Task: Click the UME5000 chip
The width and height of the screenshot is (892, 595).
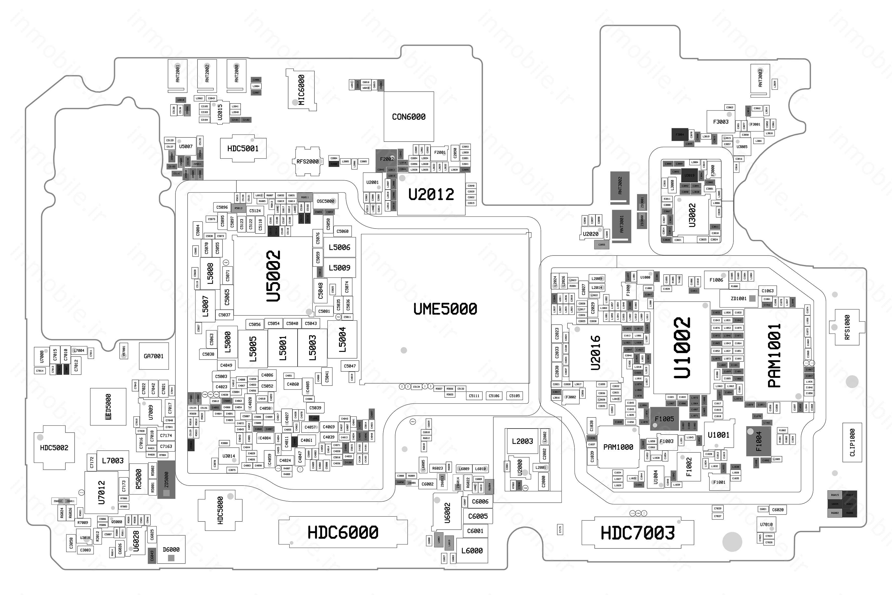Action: [x=445, y=309]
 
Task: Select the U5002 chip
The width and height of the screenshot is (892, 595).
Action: [x=273, y=276]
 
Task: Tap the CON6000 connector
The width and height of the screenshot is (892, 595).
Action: [x=409, y=116]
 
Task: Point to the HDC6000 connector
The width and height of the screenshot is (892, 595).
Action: [x=343, y=532]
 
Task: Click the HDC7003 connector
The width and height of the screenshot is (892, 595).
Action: [x=638, y=533]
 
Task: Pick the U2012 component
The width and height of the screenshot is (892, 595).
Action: [x=431, y=194]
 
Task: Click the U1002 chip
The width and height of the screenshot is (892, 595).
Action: [x=682, y=348]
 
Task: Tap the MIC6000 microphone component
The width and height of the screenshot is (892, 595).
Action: [x=301, y=90]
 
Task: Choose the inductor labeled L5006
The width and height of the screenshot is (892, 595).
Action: [x=339, y=247]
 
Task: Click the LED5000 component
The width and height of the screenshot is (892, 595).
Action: [x=108, y=406]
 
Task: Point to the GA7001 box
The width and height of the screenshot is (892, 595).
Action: [x=153, y=356]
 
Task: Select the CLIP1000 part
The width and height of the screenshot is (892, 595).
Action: [x=852, y=442]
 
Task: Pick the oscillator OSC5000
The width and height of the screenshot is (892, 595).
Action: [x=325, y=201]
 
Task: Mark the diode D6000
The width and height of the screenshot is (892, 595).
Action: [x=171, y=549]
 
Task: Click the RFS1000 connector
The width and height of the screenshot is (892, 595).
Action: [x=847, y=327]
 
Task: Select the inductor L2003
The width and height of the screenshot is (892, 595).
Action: [x=522, y=441]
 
